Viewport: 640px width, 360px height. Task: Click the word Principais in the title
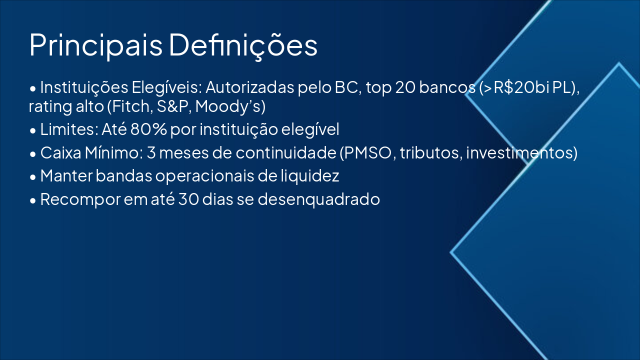95,45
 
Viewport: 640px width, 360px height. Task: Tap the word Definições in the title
243,45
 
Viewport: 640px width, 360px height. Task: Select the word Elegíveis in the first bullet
166,87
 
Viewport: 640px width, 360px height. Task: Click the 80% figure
148,130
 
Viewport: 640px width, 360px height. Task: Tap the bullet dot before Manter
33,177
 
